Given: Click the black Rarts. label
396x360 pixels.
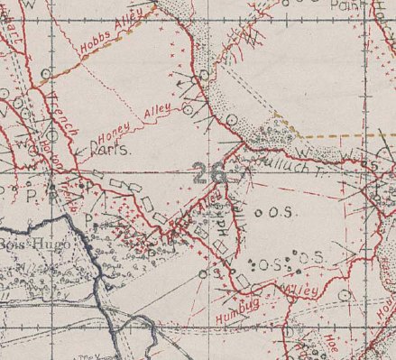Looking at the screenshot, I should click(x=108, y=152).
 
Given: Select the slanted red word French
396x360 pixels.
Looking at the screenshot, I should click(x=66, y=111).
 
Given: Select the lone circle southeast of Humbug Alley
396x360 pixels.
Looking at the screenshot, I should click(x=344, y=294).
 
